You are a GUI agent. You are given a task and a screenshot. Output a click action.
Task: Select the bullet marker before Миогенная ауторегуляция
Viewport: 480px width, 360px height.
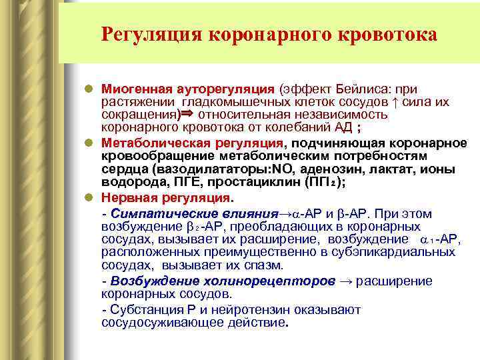(90, 89)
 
